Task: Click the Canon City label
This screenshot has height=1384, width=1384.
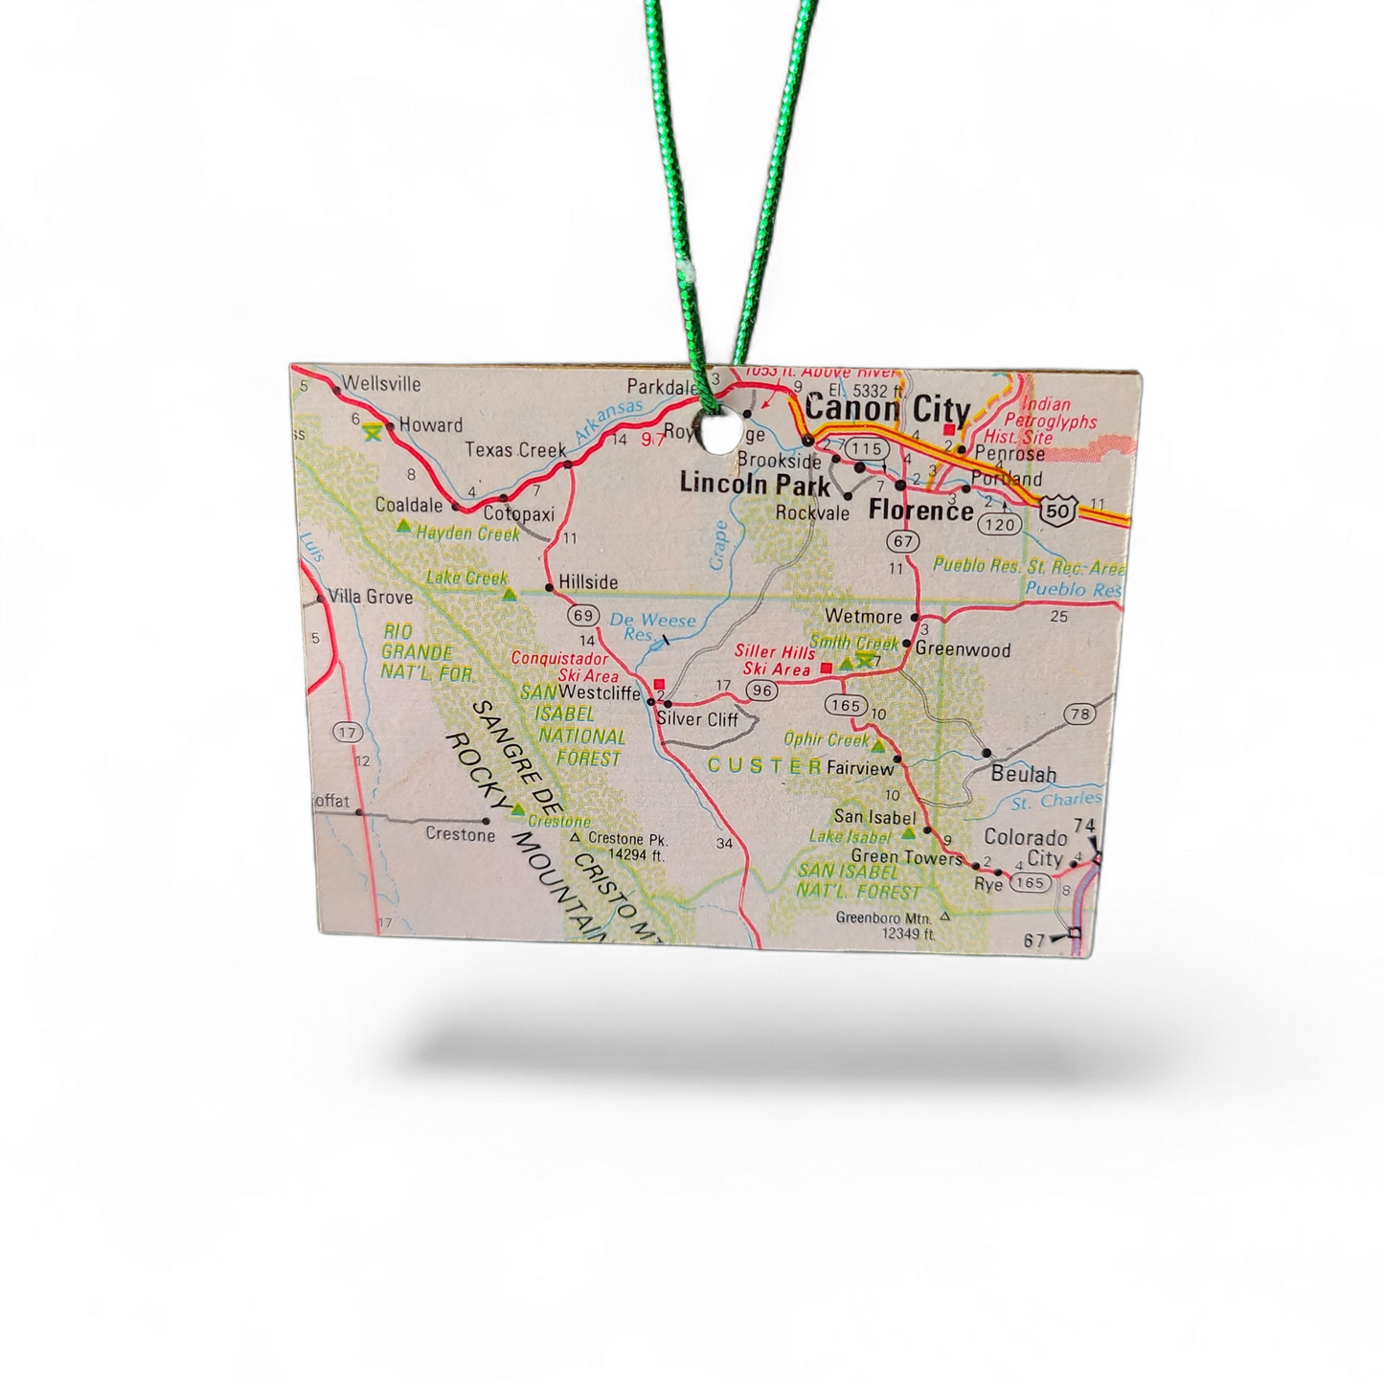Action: coord(886,409)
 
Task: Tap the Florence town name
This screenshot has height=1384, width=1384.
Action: coord(919,510)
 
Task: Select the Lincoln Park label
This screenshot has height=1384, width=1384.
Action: coord(755,484)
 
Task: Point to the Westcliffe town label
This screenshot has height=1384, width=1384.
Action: coord(599,692)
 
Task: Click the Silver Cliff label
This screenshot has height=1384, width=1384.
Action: coord(697,718)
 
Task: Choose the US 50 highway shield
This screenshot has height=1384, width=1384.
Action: coord(1058,510)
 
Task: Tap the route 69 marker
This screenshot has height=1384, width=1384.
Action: coord(582,615)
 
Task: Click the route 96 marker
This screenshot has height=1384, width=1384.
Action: coord(762,690)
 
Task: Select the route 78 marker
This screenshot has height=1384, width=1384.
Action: coord(1080,714)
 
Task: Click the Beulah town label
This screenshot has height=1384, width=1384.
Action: coord(1024,774)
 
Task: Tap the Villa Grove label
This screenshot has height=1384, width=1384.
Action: coord(371,597)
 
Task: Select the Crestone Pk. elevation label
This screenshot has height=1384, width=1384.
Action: coord(626,847)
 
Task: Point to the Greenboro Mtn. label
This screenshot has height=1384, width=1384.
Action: coord(885,924)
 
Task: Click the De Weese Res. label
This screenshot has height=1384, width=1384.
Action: coord(651,626)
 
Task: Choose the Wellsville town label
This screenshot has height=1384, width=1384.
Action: coord(381,384)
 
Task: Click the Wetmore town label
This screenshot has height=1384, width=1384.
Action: coord(863,616)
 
